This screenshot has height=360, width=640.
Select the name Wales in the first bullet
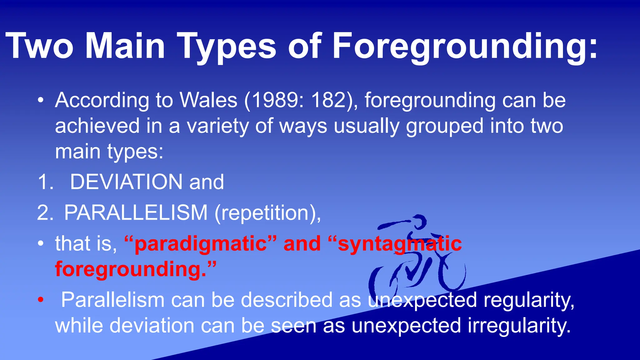click(208, 100)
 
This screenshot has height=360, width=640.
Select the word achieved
click(97, 126)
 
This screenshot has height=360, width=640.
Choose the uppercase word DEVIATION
click(126, 182)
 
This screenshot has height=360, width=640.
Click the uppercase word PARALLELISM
click(136, 213)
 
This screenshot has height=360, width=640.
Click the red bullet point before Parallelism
click(40, 300)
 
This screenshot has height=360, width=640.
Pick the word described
click(287, 300)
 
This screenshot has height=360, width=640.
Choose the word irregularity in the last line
click(519, 326)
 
